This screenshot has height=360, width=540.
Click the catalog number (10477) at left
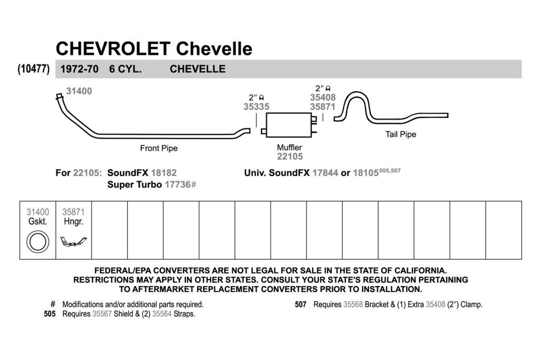33,69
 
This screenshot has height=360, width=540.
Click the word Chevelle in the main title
214,48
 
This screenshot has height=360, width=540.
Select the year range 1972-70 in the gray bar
80,69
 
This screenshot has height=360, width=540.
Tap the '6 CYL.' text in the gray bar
126,69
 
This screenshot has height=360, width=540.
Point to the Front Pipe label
159,148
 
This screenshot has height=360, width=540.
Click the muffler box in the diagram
289,124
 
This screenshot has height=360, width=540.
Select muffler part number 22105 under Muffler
290,157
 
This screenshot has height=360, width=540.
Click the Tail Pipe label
401,134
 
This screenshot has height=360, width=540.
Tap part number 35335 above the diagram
256,106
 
